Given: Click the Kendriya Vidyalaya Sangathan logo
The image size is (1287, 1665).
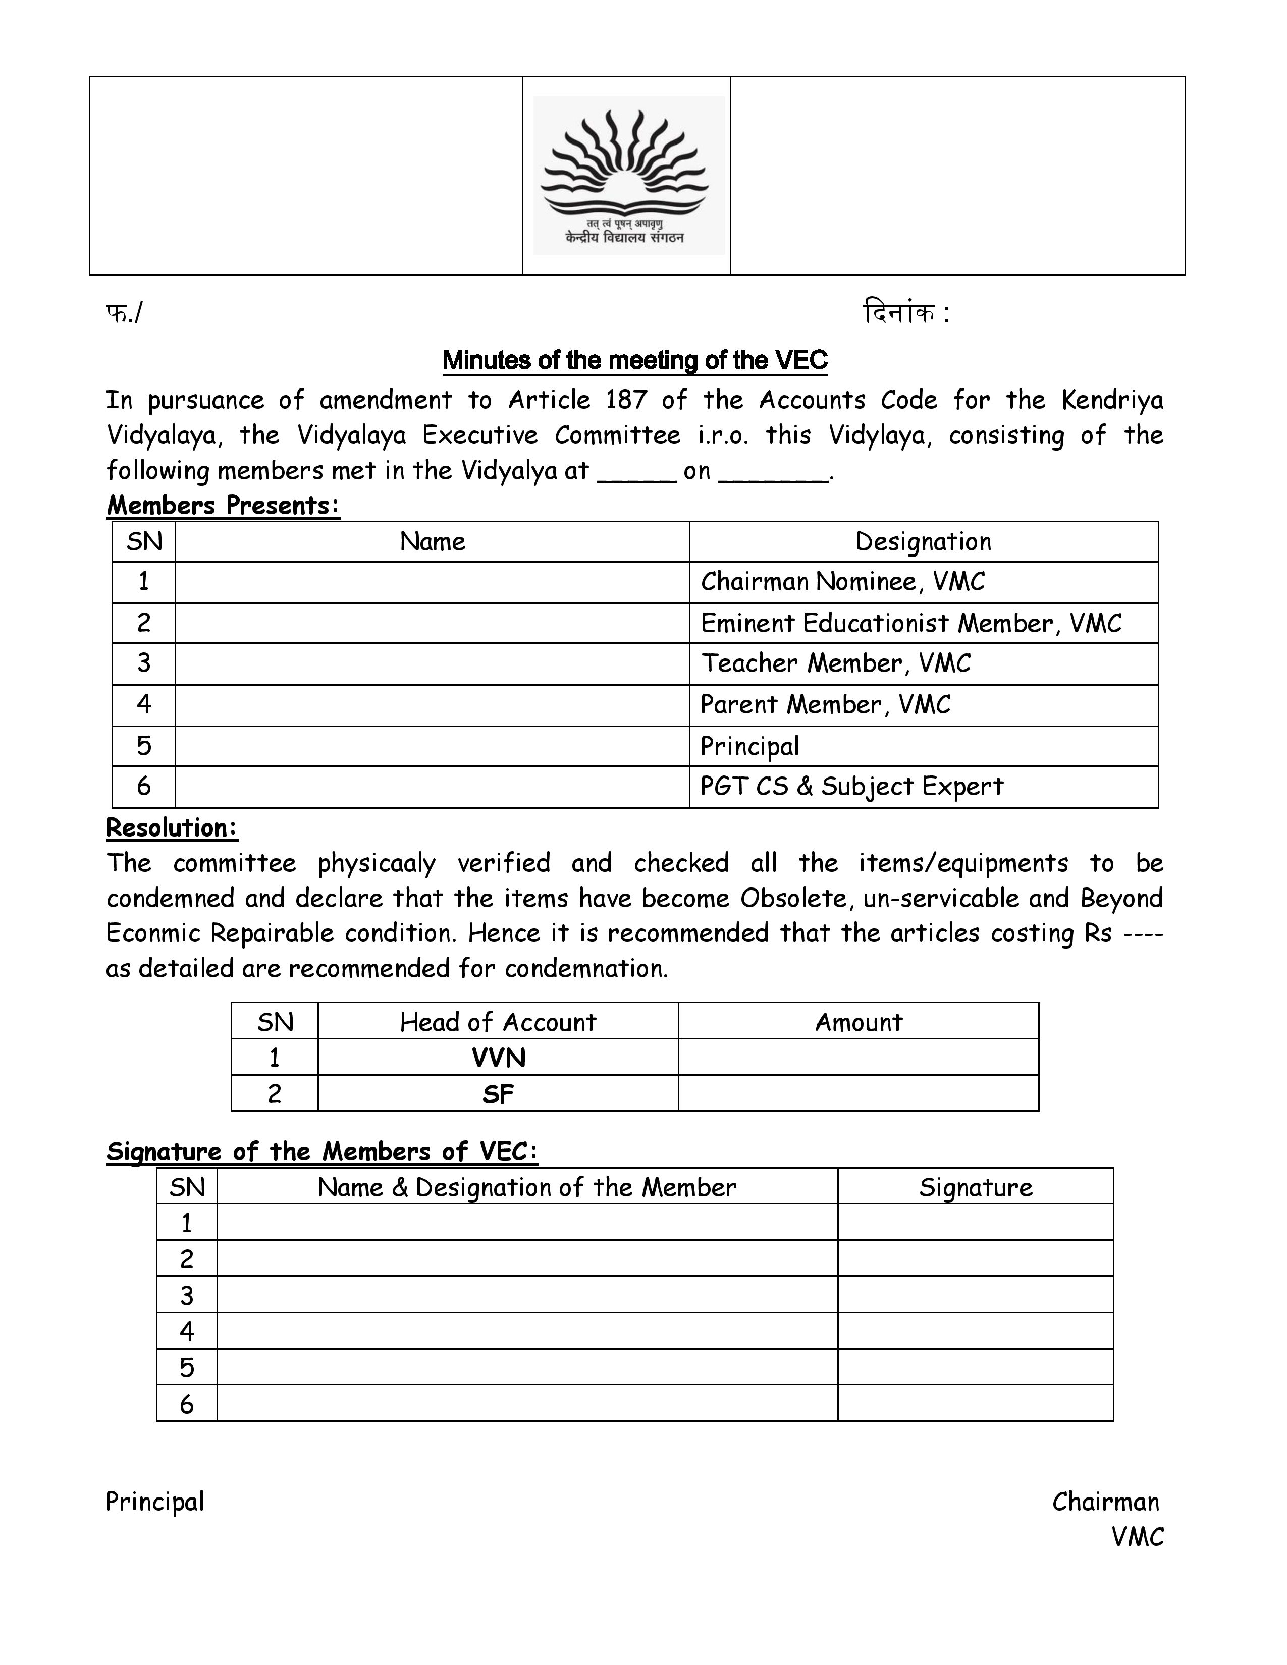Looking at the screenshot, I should pyautogui.click(x=628, y=176).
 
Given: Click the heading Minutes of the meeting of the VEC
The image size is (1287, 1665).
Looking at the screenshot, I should pyautogui.click(x=634, y=361).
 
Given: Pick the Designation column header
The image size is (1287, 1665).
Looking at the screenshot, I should pyautogui.click(x=923, y=542).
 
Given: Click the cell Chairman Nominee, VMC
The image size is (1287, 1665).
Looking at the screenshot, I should pyautogui.click(x=842, y=582).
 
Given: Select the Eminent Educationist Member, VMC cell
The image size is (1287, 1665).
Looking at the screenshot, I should pyautogui.click(x=910, y=624).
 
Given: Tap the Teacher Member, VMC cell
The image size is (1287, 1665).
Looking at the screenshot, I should pyautogui.click(x=836, y=663).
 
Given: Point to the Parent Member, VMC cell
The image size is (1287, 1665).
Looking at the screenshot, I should pyautogui.click(x=825, y=704).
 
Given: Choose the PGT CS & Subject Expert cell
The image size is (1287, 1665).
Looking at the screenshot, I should pyautogui.click(x=851, y=786).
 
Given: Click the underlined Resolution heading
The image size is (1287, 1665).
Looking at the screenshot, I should pyautogui.click(x=172, y=828).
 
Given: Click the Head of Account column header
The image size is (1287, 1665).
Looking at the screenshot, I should pyautogui.click(x=498, y=1022).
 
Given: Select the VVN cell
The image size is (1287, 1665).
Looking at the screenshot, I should pyautogui.click(x=498, y=1058).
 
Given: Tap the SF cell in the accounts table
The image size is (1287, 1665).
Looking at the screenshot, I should pyautogui.click(x=498, y=1095).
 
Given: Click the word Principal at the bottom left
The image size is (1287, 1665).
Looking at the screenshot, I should pyautogui.click(x=155, y=1501).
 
